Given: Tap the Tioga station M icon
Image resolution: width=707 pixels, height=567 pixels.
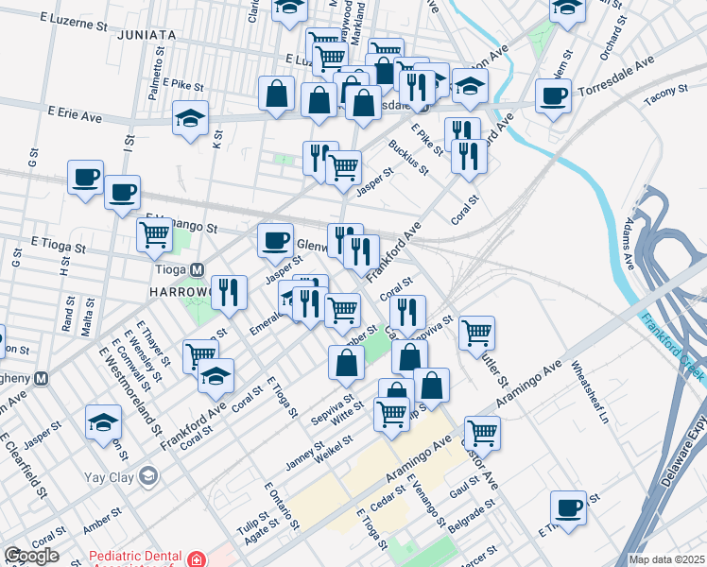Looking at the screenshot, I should [198, 269].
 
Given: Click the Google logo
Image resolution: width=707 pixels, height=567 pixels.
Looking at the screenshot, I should [31, 556].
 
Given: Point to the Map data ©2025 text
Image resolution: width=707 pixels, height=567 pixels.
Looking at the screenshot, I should [666, 559].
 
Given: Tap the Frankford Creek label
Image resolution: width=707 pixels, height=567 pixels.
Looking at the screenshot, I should [673, 347].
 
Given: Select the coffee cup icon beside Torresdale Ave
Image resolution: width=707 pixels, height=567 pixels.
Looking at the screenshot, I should [553, 94].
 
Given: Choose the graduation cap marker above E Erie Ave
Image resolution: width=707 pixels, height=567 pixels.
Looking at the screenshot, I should [190, 118].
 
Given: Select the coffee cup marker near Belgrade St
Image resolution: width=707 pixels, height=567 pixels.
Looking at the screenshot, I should [568, 507].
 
